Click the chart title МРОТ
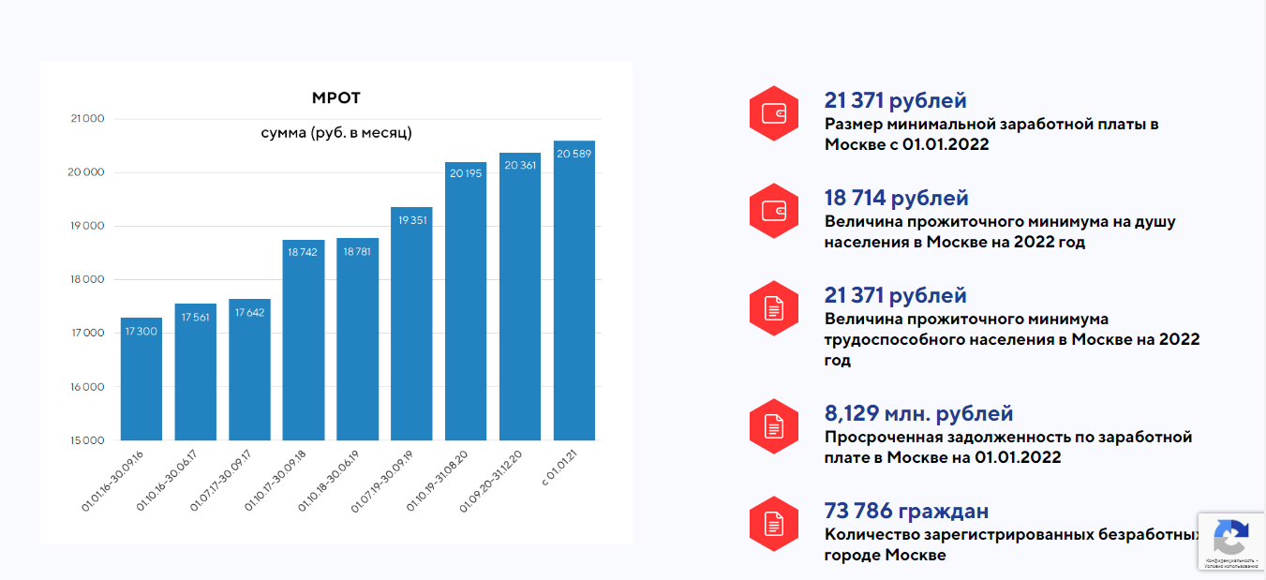(335, 98)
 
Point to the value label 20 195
(466, 173)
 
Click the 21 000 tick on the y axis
(87, 119)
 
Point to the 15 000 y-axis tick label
(87, 440)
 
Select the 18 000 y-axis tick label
(87, 280)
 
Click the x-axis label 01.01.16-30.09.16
(113, 481)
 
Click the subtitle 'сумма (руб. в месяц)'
(335, 133)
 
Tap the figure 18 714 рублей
(896, 199)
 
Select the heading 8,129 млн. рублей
(918, 414)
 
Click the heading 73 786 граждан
(906, 512)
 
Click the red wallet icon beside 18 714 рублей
(773, 211)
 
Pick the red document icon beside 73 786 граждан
(773, 524)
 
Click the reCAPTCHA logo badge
(1230, 538)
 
